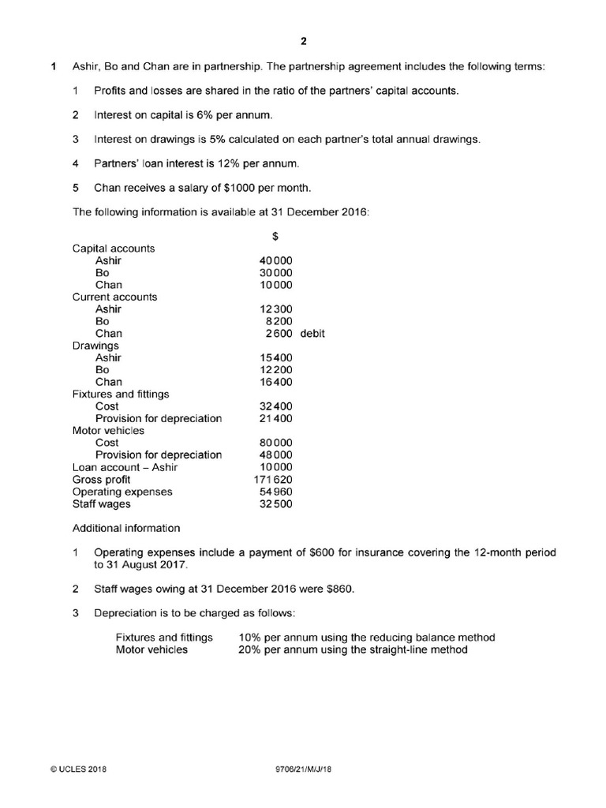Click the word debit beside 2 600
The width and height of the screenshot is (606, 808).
click(312, 334)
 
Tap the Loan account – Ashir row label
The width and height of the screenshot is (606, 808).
click(125, 467)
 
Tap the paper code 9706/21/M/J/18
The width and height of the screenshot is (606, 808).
click(301, 769)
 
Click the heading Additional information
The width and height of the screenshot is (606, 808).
click(126, 528)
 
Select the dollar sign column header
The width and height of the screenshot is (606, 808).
click(275, 236)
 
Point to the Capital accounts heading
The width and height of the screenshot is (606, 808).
click(114, 249)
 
